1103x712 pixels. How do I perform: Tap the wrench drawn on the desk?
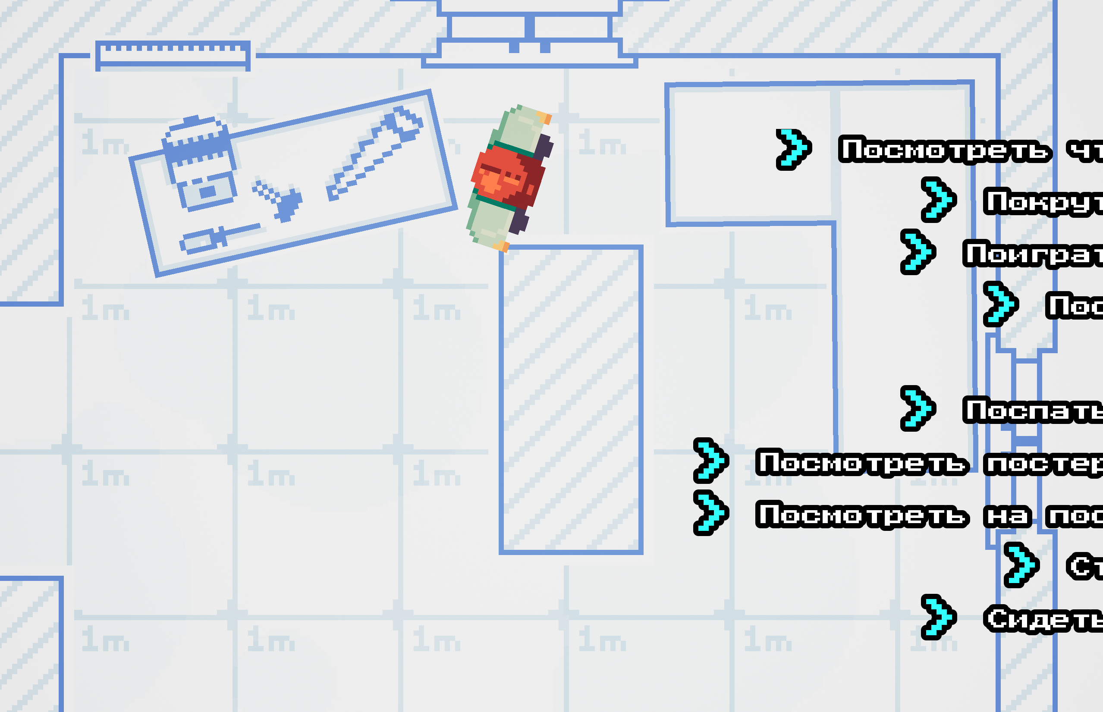374,153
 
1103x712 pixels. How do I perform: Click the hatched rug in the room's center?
571,399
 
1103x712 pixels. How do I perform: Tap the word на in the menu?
1007,516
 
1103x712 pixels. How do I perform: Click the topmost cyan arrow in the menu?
793,149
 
